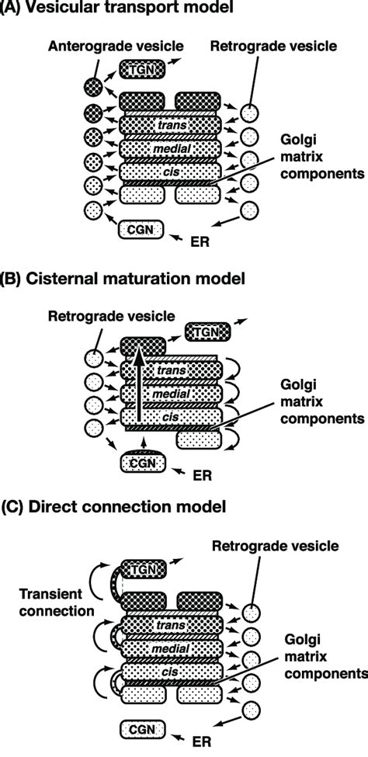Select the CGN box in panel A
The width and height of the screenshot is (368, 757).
tap(141, 229)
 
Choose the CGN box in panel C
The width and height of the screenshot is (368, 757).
tap(143, 727)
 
